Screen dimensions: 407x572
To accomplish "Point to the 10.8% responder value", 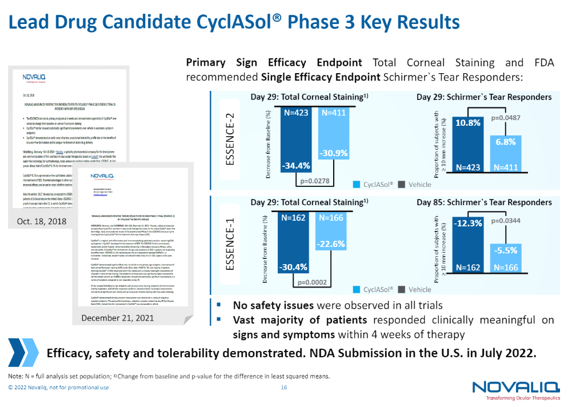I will click(x=468, y=122).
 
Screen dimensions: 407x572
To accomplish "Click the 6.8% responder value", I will click(x=506, y=142).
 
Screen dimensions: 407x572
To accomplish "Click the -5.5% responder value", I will click(x=506, y=250).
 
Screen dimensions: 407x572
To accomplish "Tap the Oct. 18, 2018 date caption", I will click(x=41, y=221).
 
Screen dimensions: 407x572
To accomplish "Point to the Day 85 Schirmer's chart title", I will click(x=484, y=202).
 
